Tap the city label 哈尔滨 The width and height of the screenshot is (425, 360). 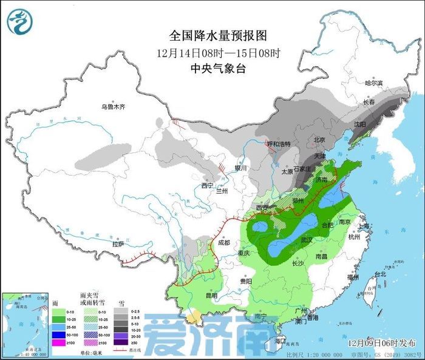(x=374, y=83)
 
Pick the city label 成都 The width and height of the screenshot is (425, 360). (x=223, y=243)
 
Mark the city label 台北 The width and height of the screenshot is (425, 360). (x=380, y=274)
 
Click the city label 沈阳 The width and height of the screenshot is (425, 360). (x=360, y=124)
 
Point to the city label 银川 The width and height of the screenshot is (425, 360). (x=241, y=168)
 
